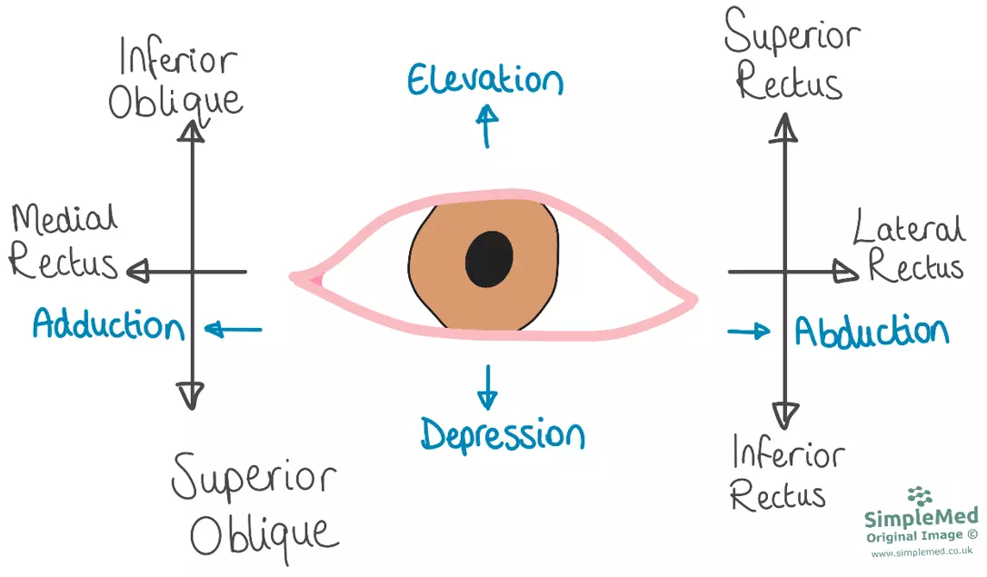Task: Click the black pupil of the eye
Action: (x=489, y=258)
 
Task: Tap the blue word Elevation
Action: (x=484, y=81)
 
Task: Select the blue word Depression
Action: (x=502, y=434)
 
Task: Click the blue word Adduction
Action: (x=108, y=324)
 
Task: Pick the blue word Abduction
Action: (x=872, y=333)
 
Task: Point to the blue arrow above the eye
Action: (x=488, y=124)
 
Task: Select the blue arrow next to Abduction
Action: (x=748, y=331)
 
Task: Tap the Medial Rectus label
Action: (x=64, y=241)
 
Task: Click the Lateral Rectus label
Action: (x=909, y=247)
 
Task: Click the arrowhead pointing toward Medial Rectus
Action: (x=138, y=271)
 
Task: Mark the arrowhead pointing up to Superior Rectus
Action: (x=784, y=130)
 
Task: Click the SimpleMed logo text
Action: (x=921, y=519)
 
